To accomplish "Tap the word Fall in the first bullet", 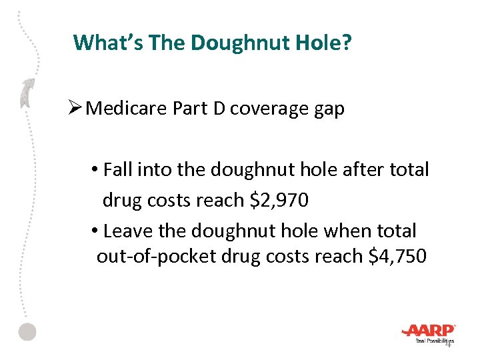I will [x=118, y=170].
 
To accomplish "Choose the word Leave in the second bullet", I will [x=126, y=231].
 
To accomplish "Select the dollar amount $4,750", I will [x=397, y=256].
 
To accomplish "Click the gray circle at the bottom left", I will [x=27, y=331].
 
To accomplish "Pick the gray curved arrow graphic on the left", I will [x=27, y=93].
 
